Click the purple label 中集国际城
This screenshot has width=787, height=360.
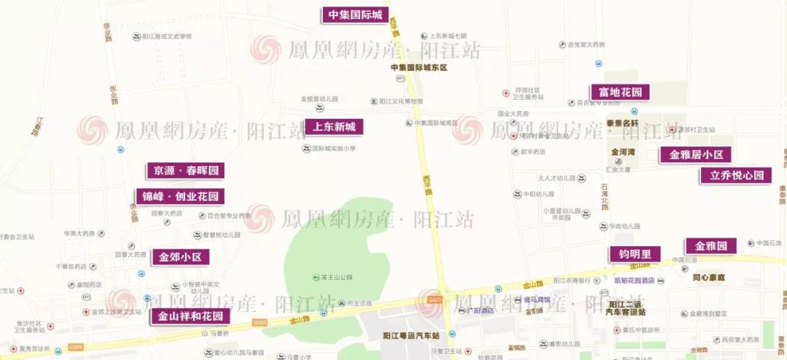[354, 15]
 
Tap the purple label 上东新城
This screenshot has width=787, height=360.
[334, 127]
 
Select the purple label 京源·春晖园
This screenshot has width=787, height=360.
[185, 171]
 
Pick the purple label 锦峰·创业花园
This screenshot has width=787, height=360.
[180, 197]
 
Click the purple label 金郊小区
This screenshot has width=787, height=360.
[180, 257]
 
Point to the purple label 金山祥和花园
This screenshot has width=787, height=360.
[190, 316]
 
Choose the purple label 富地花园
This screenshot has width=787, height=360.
[619, 93]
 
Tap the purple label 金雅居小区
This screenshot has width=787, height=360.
[695, 154]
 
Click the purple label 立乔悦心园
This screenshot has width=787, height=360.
[736, 176]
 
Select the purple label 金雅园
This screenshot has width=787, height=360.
[710, 246]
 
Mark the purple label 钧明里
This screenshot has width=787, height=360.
[635, 254]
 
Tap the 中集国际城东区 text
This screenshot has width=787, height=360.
[418, 68]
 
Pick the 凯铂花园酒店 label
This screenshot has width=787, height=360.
[634, 281]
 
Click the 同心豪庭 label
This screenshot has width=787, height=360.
[707, 278]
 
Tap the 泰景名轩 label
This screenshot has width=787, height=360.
[622, 123]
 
